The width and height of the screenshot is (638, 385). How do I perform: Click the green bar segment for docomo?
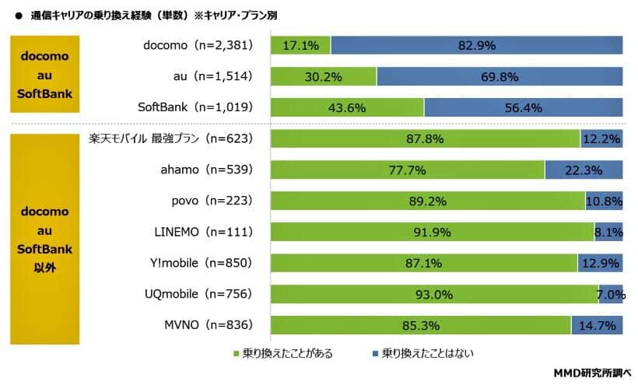(300, 45)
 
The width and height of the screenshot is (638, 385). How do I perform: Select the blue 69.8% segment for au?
(500, 76)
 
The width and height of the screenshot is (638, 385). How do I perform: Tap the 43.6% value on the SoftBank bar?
(347, 107)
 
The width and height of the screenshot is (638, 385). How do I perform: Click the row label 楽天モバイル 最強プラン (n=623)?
(170, 139)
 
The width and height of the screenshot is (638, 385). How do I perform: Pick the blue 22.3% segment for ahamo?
(584, 170)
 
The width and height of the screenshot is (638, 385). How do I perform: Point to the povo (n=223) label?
(210, 201)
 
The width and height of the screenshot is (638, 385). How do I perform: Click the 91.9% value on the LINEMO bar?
(431, 232)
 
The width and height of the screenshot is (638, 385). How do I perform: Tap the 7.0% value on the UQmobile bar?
(611, 294)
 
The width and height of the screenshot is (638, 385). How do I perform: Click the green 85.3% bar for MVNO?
(420, 325)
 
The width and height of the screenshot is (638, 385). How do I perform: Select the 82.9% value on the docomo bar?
(477, 45)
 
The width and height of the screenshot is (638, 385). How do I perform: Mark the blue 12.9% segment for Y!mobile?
(600, 263)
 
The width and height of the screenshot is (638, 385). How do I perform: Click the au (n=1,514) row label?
(212, 76)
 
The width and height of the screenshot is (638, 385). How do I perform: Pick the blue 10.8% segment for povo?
(604, 201)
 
